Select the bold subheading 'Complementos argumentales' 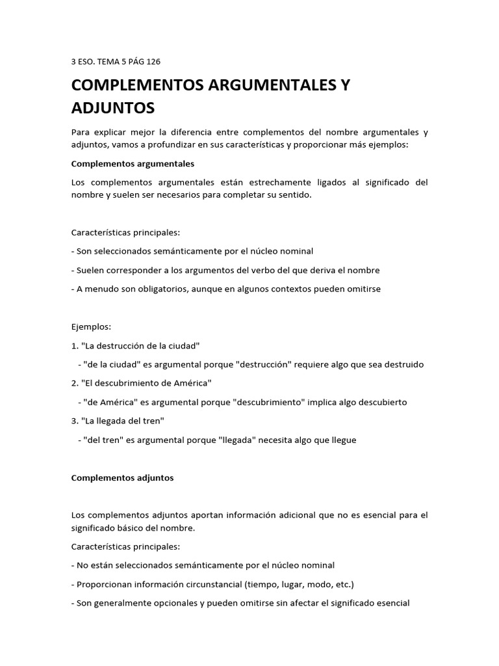click(x=133, y=163)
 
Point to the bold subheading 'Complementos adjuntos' click(x=122, y=477)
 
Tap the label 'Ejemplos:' click(x=92, y=326)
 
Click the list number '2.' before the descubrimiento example click(x=75, y=383)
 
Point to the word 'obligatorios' click(x=150, y=289)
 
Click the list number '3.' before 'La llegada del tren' click(x=75, y=421)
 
